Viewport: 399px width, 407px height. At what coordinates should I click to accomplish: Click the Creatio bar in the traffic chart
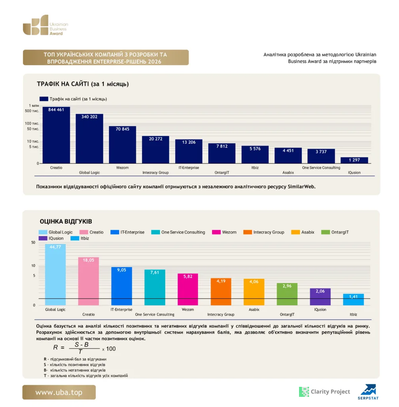tap(56, 135)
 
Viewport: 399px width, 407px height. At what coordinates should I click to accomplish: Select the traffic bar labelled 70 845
tap(122, 145)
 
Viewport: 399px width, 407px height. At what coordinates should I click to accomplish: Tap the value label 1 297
tap(354, 160)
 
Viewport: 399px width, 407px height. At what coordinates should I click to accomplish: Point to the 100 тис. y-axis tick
tap(32, 123)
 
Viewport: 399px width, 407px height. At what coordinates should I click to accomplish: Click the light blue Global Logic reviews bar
tap(55, 274)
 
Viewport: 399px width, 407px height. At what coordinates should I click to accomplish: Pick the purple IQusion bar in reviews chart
tap(320, 297)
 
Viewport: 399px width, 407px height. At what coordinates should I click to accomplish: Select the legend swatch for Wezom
tap(216, 232)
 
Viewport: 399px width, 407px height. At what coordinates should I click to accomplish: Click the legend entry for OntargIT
tap(335, 232)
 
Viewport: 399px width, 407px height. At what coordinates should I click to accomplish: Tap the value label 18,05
tap(89, 260)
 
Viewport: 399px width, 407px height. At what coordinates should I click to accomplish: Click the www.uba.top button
tap(59, 392)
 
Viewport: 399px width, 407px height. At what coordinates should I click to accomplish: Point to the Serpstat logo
tap(368, 392)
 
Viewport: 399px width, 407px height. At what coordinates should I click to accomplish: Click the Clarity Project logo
tap(325, 391)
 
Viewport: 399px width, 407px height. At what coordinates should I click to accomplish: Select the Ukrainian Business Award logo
tap(45, 25)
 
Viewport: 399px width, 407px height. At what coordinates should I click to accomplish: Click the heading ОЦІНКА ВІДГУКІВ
tap(66, 221)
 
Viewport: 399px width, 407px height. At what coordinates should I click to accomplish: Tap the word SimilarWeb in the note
tap(301, 187)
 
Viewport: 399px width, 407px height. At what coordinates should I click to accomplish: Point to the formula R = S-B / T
tap(84, 348)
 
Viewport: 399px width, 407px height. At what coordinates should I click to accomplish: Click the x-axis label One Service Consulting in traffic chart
tap(321, 168)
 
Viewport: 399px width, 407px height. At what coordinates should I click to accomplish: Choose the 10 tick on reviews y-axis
tap(33, 266)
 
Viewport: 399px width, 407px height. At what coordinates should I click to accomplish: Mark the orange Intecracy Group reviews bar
tap(221, 291)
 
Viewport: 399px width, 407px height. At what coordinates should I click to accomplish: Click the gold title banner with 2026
tap(106, 58)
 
